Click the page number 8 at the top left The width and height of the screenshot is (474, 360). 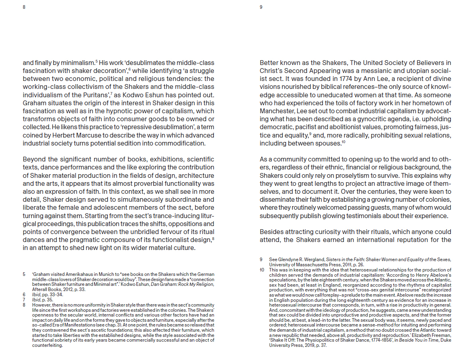24,7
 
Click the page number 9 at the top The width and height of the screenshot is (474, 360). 261,7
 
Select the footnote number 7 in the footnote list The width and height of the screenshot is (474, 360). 24,299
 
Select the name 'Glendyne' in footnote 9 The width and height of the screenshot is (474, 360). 286,260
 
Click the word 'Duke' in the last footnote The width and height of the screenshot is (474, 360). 444,340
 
